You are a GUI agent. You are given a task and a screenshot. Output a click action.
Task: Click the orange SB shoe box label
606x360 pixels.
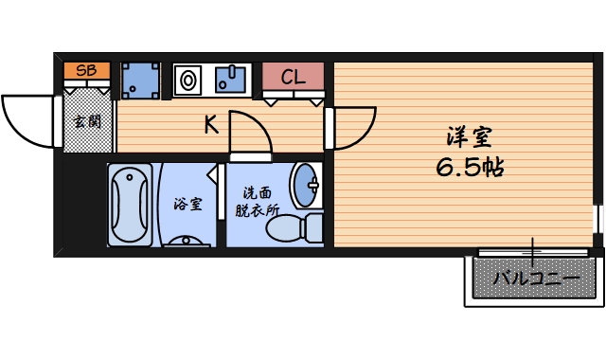[86, 70]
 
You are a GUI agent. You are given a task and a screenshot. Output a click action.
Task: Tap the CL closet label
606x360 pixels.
[293, 77]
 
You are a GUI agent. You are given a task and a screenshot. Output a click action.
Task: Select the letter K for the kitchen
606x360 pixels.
[212, 123]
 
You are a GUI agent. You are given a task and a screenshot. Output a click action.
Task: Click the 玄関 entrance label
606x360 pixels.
[88, 120]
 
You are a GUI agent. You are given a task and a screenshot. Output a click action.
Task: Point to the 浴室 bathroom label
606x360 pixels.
[186, 204]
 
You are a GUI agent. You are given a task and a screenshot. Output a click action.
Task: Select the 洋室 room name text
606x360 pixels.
[468, 137]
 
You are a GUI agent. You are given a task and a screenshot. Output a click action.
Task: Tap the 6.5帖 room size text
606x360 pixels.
[469, 169]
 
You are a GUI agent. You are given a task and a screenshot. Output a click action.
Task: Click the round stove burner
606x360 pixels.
[187, 80]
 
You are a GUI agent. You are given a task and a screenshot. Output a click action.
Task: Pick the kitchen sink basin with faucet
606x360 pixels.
[231, 79]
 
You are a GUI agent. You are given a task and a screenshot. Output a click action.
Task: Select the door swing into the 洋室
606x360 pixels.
[349, 127]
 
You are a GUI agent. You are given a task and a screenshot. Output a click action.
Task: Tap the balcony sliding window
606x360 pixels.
[533, 253]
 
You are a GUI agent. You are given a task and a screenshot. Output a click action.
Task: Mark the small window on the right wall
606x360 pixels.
[597, 219]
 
